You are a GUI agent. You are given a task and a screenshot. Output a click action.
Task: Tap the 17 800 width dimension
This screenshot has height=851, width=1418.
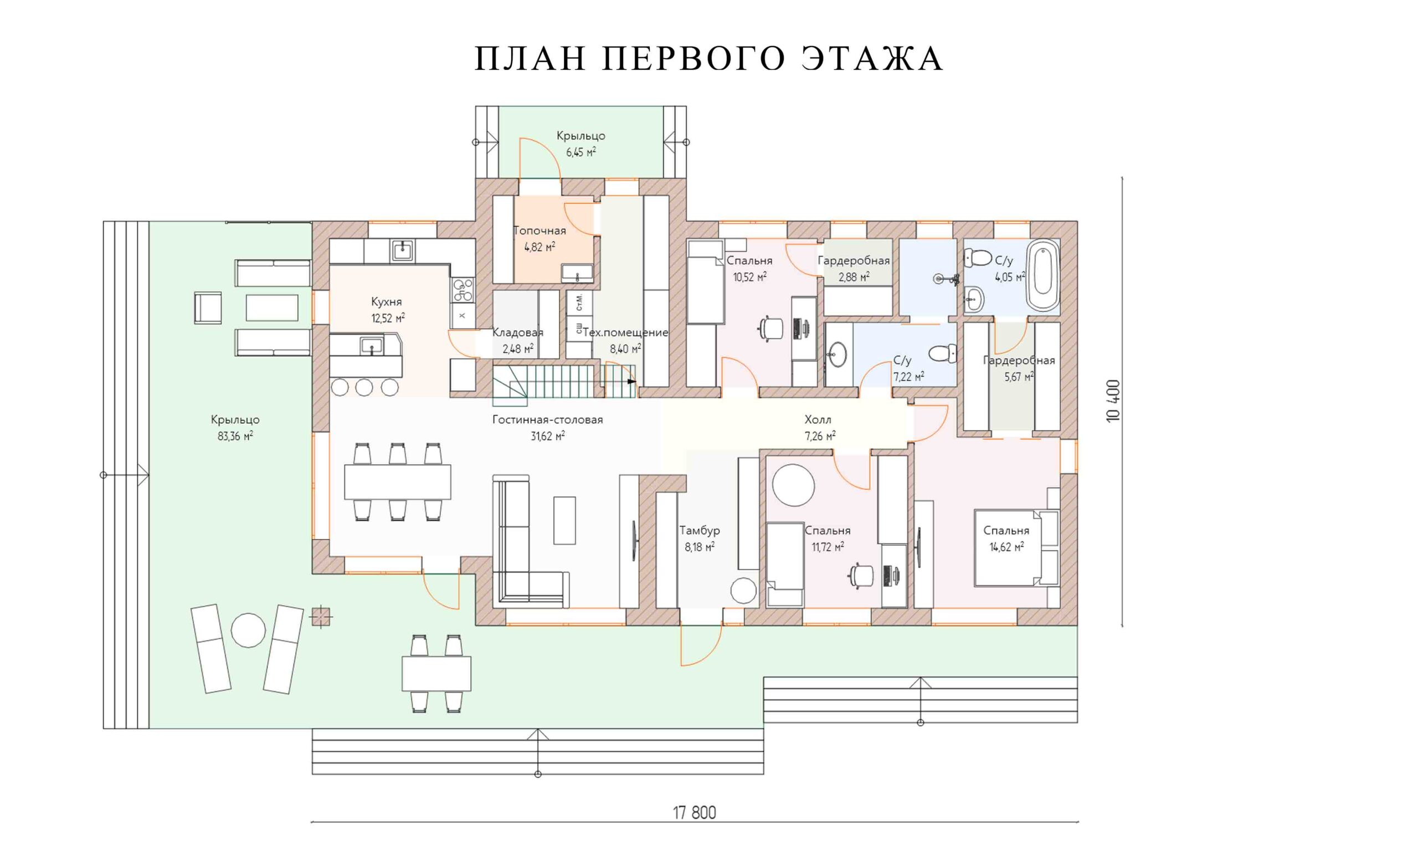694,813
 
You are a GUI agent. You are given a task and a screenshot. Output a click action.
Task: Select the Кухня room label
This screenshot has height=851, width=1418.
386,301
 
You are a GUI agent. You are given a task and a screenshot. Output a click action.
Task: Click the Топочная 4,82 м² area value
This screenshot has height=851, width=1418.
540,248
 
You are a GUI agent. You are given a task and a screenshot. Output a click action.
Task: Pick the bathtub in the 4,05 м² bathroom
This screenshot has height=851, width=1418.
1042,275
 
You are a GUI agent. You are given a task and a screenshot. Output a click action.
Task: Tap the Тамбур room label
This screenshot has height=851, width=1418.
699,530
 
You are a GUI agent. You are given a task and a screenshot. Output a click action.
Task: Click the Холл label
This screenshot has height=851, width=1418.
818,420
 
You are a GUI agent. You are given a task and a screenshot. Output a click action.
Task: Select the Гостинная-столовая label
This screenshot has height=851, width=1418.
547,420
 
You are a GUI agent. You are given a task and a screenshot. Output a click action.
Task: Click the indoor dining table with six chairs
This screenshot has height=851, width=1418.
397,481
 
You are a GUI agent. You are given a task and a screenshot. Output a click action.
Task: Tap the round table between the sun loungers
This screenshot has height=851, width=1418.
248,630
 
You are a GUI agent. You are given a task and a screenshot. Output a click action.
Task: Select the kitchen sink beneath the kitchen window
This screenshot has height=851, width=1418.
403,250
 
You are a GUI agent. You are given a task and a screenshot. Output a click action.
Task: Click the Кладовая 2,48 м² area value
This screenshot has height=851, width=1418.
518,348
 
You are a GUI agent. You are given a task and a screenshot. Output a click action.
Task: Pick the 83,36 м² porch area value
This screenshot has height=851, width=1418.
235,437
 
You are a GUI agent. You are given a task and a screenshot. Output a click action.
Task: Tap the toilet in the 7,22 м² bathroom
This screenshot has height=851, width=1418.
942,353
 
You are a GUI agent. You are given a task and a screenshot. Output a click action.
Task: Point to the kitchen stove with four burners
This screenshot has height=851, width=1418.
462,290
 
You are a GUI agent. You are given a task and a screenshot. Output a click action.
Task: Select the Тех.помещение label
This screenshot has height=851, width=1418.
625,332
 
